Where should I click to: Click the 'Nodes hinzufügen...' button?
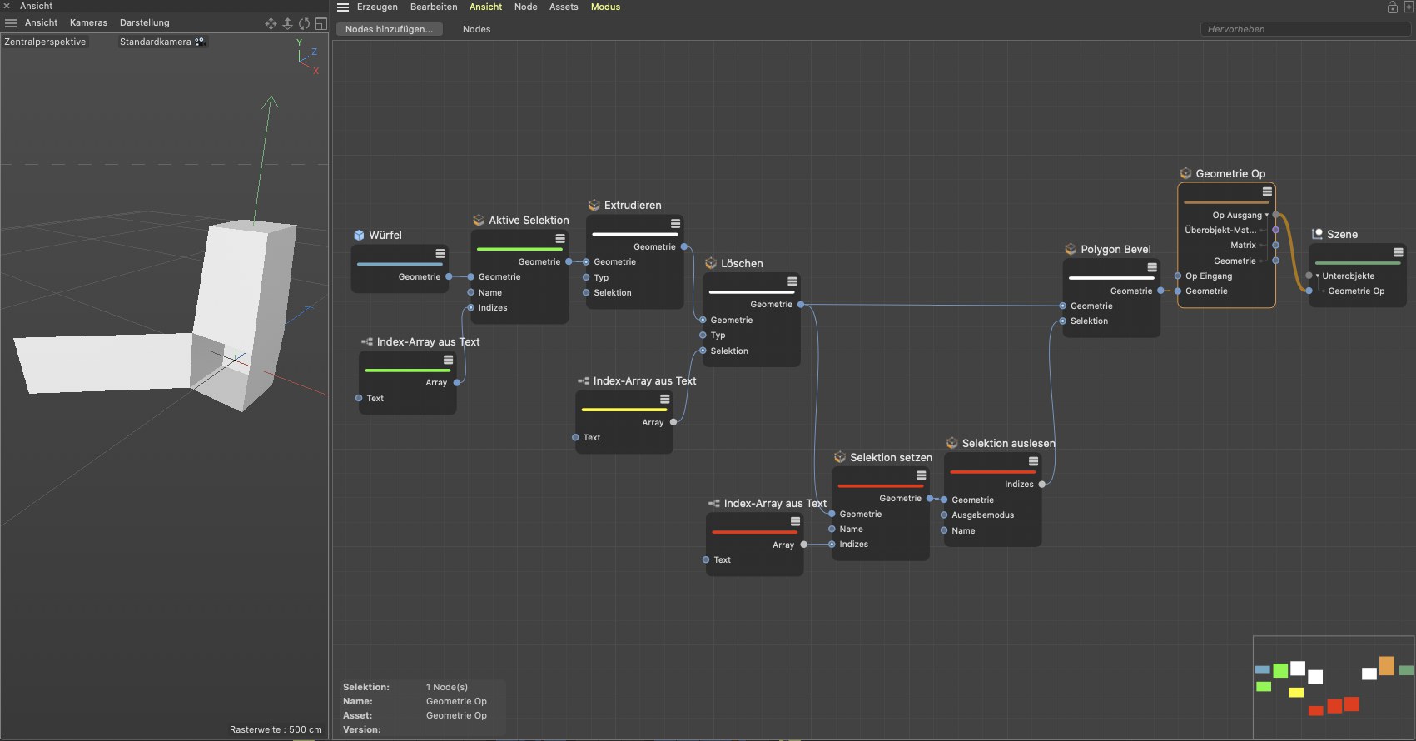389,29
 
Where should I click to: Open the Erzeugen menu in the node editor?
377,7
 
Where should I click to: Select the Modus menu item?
605,7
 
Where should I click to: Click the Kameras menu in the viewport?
88,22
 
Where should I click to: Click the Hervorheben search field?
1303,29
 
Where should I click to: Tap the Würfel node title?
385,236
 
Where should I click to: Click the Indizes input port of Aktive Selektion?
471,308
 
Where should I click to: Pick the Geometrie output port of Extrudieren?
684,247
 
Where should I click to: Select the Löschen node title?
741,264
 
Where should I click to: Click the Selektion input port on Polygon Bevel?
1063,321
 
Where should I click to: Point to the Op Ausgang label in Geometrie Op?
1236,216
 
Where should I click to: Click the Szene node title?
1342,235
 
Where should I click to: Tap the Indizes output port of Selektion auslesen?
1042,485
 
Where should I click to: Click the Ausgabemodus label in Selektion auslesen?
982,515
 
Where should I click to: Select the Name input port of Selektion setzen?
832,530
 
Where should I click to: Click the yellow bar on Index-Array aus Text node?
624,410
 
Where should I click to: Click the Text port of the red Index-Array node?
706,560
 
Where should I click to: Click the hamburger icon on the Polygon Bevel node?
1152,268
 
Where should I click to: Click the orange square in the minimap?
1386,666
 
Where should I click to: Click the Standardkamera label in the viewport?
155,42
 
